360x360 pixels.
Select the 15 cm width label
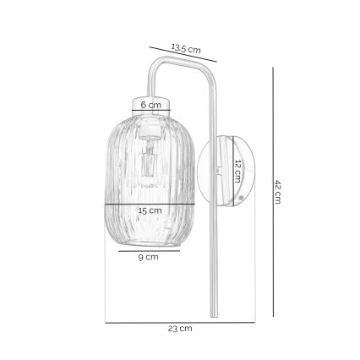coord(150,210)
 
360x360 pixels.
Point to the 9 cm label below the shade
coord(150,257)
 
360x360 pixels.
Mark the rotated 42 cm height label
coord(277,192)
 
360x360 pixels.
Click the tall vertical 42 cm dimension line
coord(271,192)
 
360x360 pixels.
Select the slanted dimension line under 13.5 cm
coord(183,54)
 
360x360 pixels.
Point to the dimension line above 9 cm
coord(150,250)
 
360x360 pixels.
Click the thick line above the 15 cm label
coord(150,203)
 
